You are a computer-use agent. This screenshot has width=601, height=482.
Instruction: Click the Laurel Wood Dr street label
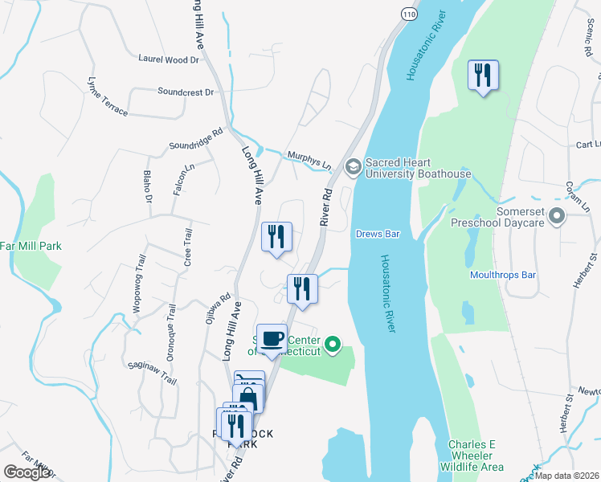168,59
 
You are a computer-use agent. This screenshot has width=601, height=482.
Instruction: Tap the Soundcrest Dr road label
186,92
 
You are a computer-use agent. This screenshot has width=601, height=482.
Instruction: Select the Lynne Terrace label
108,97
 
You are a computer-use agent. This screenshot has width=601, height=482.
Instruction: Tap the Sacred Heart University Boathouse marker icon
352,167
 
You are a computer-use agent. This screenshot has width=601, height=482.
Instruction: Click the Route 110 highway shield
410,15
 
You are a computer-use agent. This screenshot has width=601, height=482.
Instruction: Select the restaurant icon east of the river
483,76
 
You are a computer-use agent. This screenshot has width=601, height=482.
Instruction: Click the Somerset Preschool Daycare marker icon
561,215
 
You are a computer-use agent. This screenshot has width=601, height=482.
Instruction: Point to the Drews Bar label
378,235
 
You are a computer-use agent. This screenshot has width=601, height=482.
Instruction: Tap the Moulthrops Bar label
503,275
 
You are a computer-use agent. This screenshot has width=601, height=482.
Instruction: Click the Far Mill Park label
31,246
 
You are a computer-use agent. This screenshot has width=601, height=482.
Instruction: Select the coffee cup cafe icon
272,338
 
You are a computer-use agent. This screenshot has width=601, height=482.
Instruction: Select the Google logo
27,472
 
